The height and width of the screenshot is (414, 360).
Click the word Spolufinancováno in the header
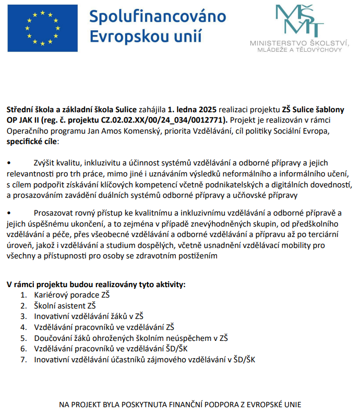click(x=158, y=17)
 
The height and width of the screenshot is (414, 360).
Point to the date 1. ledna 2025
click(x=192, y=110)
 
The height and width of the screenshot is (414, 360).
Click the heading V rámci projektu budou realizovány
click(x=95, y=285)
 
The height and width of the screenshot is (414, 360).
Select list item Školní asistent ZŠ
click(x=65, y=305)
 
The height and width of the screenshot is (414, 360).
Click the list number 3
click(x=23, y=316)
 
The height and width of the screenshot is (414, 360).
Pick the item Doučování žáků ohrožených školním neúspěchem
click(x=130, y=338)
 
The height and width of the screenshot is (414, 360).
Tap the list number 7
click(x=23, y=359)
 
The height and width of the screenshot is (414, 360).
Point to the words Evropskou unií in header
click(x=146, y=37)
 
